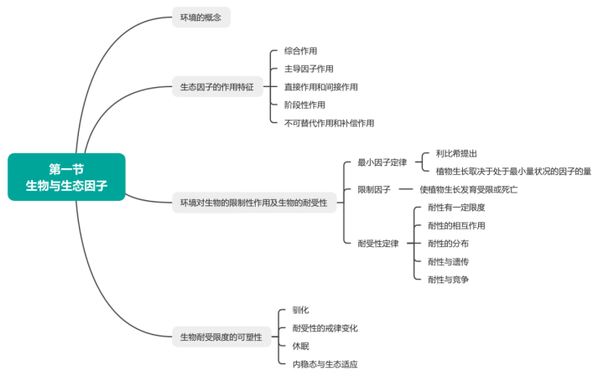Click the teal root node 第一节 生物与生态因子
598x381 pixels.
point(66,177)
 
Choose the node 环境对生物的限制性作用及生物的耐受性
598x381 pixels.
point(253,203)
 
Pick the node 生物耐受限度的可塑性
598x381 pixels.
point(221,337)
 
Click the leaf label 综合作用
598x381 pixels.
point(300,51)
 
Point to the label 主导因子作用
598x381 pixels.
point(309,69)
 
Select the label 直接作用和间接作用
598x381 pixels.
point(321,86)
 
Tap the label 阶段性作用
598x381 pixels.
point(304,105)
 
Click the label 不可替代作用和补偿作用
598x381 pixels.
point(330,122)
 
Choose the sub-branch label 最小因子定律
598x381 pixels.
point(382,162)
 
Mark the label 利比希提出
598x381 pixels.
point(457,153)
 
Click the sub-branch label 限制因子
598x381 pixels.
point(374,190)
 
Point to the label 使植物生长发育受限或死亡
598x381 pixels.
point(469,190)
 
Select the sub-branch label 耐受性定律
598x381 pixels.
point(378,244)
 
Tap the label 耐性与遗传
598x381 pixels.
point(448,261)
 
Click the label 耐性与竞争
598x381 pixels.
point(448,279)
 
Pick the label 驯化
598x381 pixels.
point(300,310)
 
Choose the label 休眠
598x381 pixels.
point(300,346)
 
